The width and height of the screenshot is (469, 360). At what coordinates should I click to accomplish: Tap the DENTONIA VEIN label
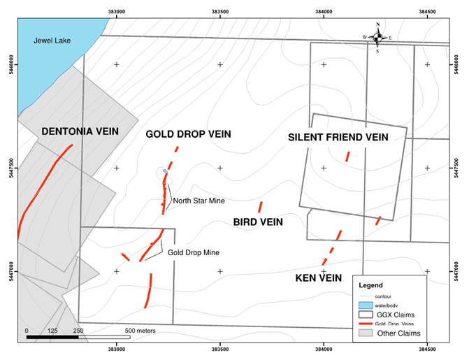[x=80, y=131]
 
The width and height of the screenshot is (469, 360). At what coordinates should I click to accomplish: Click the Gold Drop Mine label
[x=194, y=252]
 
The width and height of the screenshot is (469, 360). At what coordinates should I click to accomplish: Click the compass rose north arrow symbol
[x=377, y=36]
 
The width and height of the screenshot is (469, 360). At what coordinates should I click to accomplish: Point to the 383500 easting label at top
[x=220, y=11]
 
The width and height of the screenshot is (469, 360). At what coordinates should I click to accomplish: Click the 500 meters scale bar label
[x=140, y=330]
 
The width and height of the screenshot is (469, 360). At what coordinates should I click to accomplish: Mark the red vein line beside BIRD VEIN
[x=260, y=208]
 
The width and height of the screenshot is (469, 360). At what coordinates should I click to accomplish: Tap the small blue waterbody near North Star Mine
[x=165, y=171]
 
